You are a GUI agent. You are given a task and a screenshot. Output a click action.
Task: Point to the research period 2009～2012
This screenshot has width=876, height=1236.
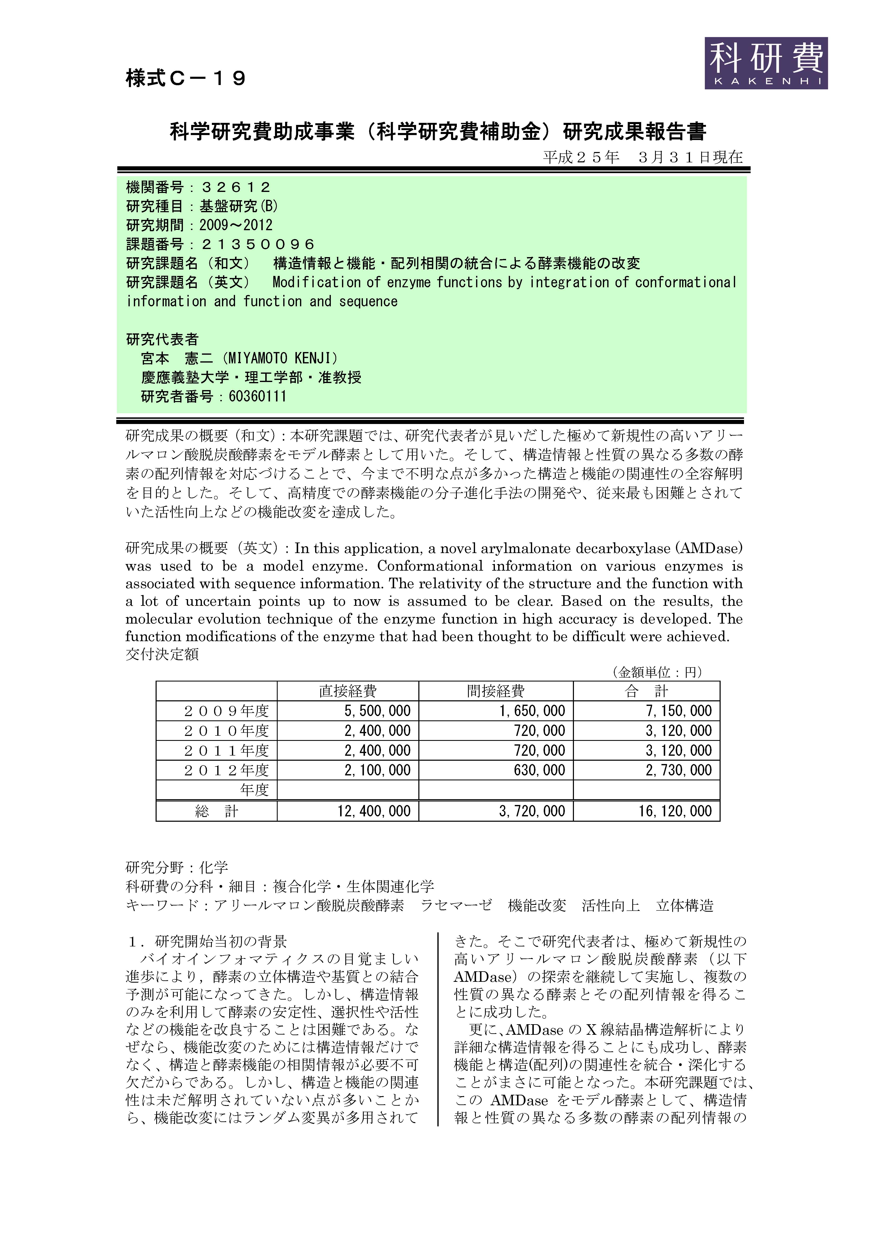point(236,225)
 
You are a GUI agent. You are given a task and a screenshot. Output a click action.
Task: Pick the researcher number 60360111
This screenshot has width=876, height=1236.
point(257,396)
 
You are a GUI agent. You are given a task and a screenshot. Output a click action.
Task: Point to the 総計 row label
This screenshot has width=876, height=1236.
point(216,811)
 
